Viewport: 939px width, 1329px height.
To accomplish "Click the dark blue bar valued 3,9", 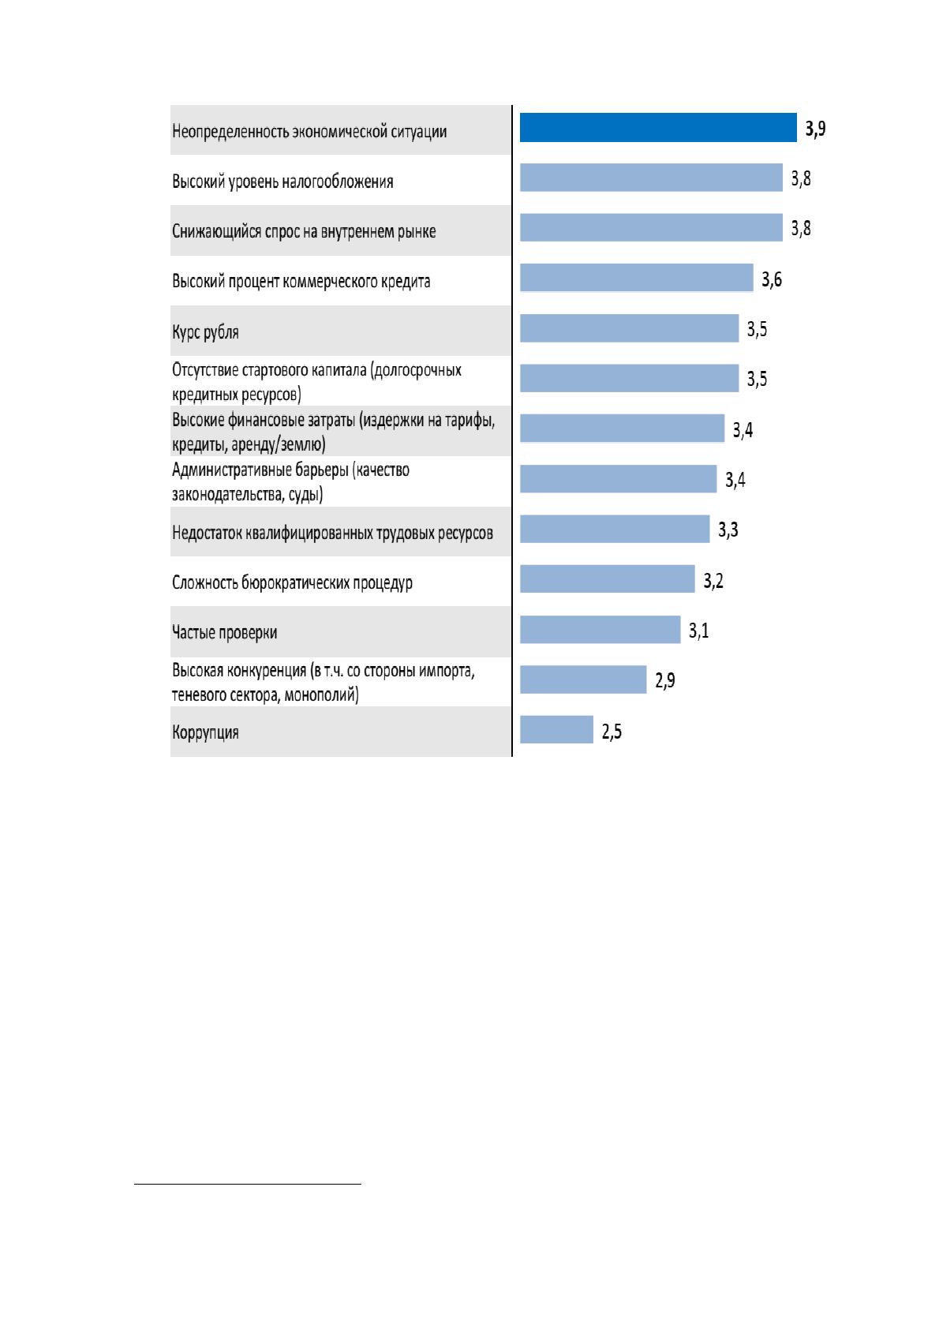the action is [x=658, y=128].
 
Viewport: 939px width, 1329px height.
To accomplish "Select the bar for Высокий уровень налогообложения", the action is [x=651, y=178].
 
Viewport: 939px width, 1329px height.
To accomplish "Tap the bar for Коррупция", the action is [x=556, y=729].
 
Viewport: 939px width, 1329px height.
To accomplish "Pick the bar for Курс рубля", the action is [x=630, y=328].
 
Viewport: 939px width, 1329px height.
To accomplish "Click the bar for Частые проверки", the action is [x=600, y=630].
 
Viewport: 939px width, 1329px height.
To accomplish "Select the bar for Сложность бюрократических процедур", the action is [x=608, y=578].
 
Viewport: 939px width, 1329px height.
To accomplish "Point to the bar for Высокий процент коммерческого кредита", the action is [x=637, y=278].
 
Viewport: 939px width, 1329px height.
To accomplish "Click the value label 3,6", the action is [x=772, y=279].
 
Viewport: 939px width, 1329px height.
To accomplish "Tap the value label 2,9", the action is [x=665, y=680].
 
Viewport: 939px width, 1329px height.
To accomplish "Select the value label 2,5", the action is [x=612, y=731].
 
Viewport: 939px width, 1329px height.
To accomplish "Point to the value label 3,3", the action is [x=728, y=530].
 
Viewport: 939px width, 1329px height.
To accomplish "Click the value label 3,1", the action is [x=699, y=630].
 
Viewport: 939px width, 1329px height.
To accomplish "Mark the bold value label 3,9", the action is [x=816, y=128].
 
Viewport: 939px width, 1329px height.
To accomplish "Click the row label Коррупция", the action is [x=205, y=732].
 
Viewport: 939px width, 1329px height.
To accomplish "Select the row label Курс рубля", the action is [x=205, y=331].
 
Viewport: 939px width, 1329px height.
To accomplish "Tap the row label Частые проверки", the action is [x=224, y=632].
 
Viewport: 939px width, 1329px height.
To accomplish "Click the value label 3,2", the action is [x=713, y=580].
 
